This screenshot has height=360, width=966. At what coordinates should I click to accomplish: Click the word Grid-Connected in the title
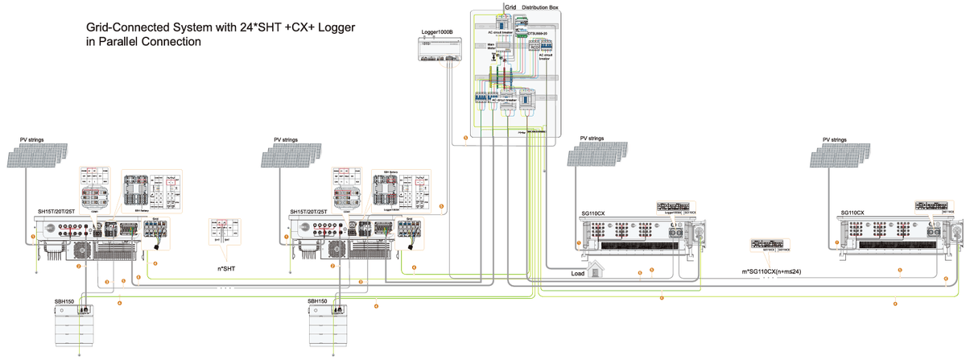pyautogui.click(x=130, y=27)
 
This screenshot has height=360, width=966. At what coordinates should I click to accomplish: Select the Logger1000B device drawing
pyautogui.click(x=438, y=51)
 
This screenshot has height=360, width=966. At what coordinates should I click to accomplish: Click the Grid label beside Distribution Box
pyautogui.click(x=510, y=6)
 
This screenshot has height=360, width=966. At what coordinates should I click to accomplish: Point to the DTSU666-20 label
pyautogui.click(x=538, y=34)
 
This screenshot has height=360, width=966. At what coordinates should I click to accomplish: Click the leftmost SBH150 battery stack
pyautogui.click(x=80, y=327)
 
